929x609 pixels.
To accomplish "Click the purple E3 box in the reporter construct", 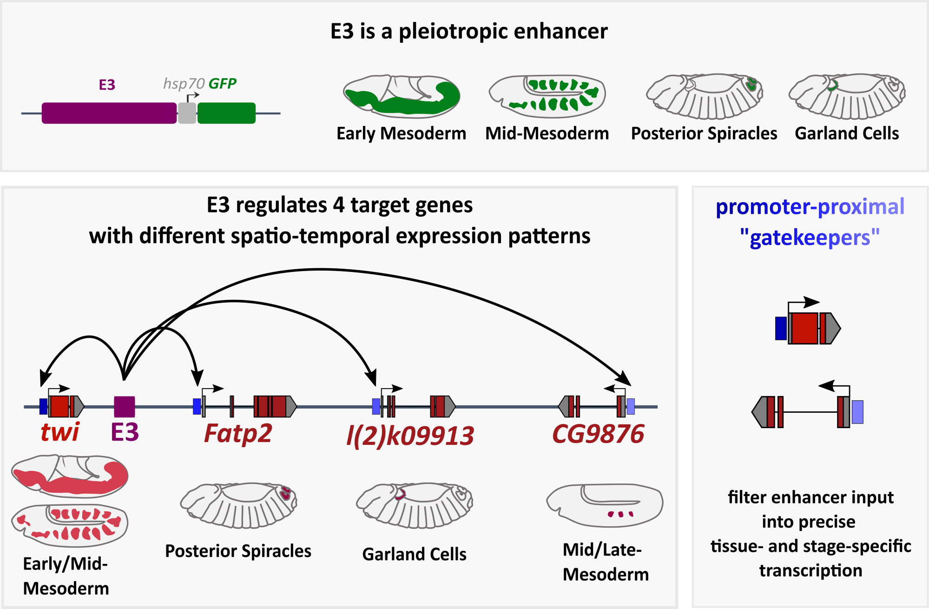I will pos(109,113).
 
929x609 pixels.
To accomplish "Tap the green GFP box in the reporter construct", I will pos(226,113).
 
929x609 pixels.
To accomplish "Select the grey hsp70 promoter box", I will pos(187,113).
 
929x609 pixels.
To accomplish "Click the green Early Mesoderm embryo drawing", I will pos(402,96).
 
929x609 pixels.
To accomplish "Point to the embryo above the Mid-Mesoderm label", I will pos(547,97).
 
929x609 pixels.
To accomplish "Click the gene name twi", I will pos(60,432).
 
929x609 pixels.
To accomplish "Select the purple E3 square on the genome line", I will pos(125,406).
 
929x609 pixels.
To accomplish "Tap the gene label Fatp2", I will pos(238,433).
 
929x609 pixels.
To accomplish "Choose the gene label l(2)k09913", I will pos(410,436).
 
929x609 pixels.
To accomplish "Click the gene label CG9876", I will pos(598,434).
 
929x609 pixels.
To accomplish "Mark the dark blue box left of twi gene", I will pos(43,406).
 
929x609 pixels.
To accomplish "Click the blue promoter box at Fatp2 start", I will pos(197,406).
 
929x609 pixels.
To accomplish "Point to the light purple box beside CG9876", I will pos(631,406).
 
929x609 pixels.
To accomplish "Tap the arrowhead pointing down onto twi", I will pos(45,378).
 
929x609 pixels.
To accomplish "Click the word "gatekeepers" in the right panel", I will pos(810,238).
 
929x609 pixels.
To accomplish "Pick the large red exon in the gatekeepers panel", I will pos(804,328).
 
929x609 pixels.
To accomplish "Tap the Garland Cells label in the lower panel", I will pos(414,554).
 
